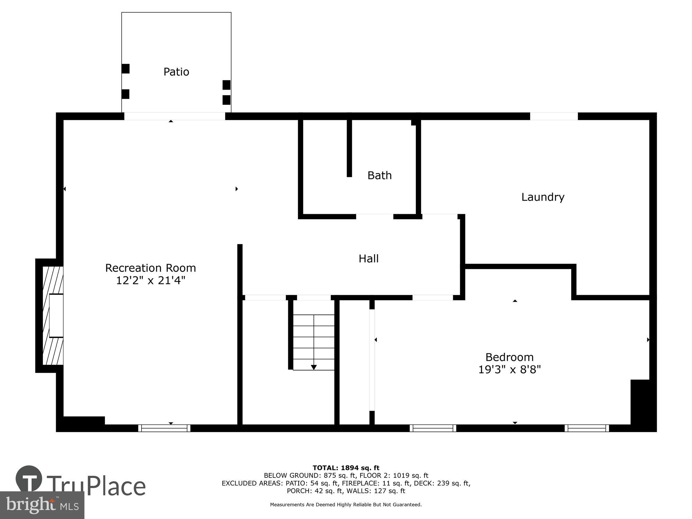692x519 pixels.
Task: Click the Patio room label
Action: click(176, 72)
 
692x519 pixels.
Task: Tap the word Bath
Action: click(380, 175)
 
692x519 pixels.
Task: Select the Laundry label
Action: click(543, 197)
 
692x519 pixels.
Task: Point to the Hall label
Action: click(368, 258)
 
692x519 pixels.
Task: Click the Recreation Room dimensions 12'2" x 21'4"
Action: click(151, 280)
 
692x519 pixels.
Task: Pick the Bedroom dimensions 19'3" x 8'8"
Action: click(509, 370)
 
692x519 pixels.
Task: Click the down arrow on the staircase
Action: click(314, 367)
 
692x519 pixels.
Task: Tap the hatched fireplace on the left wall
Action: click(53, 315)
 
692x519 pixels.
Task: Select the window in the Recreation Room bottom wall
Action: click(164, 428)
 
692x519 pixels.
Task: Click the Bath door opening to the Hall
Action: click(375, 217)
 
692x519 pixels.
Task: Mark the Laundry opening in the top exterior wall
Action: click(554, 116)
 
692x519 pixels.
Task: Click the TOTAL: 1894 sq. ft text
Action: click(346, 468)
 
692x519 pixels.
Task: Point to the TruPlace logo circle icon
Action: click(29, 479)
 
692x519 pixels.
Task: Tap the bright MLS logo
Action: click(42, 505)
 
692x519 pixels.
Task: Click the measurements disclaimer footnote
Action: click(346, 505)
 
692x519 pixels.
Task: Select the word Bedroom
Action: click(509, 357)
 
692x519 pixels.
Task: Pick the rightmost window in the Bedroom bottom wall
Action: click(587, 428)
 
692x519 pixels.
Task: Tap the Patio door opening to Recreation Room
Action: click(174, 116)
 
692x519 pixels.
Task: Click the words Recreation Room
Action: click(151, 268)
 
